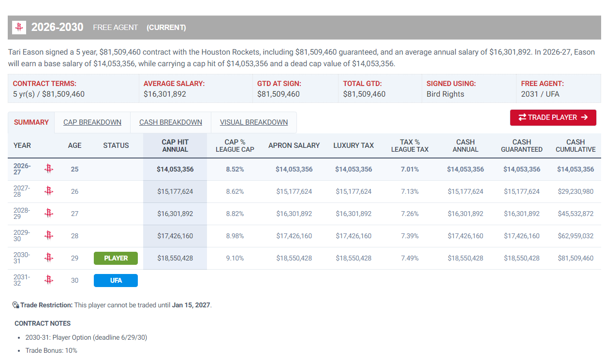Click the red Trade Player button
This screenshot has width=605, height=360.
(x=553, y=117)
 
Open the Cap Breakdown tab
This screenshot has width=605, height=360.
(x=92, y=122)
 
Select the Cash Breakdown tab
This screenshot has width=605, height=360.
(x=170, y=122)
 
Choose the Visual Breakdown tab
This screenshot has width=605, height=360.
(x=253, y=122)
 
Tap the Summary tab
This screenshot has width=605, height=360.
(x=31, y=122)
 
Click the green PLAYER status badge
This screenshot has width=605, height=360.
(x=116, y=258)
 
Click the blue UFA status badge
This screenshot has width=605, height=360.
(x=116, y=280)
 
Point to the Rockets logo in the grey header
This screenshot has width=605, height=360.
(x=19, y=27)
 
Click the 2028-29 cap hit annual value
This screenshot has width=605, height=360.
(x=175, y=214)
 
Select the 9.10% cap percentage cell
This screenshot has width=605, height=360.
(x=235, y=258)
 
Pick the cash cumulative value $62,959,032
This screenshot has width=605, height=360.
(x=575, y=236)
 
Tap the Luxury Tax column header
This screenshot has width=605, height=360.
(x=353, y=145)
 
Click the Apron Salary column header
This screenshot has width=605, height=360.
(x=294, y=145)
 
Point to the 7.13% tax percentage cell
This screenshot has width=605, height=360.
(x=410, y=191)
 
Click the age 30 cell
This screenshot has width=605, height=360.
(x=74, y=280)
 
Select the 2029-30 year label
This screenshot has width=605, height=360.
(x=22, y=236)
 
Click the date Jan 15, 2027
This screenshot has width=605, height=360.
(x=191, y=305)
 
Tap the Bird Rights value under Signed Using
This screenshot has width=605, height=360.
(x=445, y=94)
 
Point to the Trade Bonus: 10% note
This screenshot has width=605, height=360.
(x=51, y=350)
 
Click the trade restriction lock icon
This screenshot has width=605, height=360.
(x=15, y=305)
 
